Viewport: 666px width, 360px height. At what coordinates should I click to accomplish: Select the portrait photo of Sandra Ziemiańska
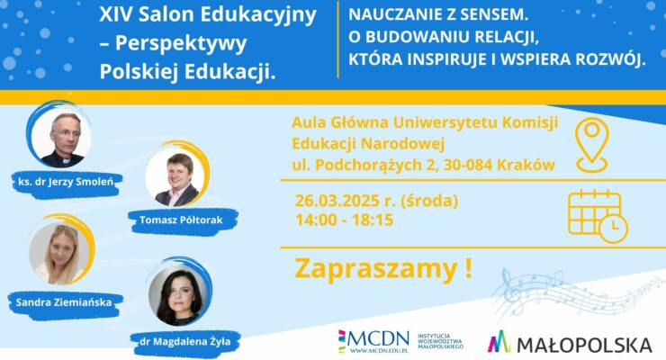pos(60,249)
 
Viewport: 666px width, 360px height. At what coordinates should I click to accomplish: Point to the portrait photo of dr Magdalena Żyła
pos(179,293)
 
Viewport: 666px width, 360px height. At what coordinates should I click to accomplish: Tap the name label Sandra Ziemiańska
pos(64,302)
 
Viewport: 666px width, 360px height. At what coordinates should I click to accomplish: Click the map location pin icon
pos(594,144)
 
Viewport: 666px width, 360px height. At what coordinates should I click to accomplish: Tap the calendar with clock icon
pos(598,214)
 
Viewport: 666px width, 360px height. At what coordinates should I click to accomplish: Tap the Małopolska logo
pos(569,343)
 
